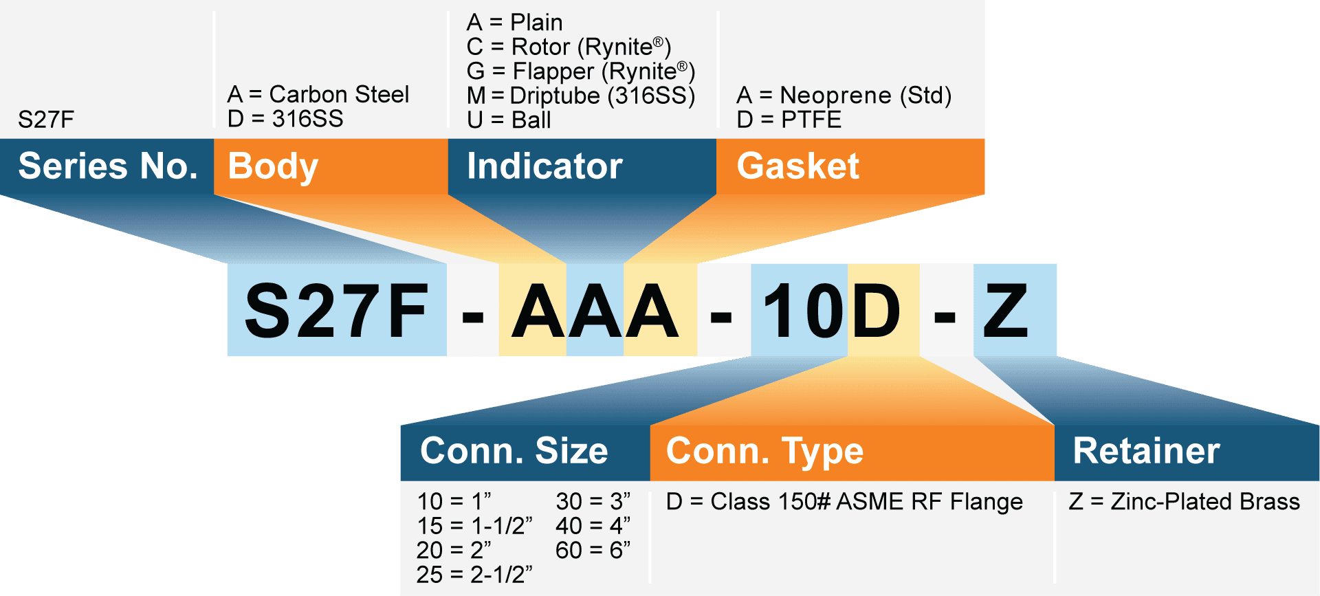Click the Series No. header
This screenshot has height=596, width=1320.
tap(107, 166)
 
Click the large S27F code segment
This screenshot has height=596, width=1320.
tap(337, 311)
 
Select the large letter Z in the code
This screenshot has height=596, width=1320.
tap(1006, 311)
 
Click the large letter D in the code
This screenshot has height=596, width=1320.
tap(875, 311)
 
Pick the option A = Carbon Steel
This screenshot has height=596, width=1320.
tap(318, 94)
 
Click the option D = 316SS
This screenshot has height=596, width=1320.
tap(285, 119)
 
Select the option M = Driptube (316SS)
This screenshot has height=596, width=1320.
tap(581, 96)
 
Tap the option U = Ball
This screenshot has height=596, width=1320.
tap(509, 120)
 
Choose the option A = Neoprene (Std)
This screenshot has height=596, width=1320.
tap(844, 96)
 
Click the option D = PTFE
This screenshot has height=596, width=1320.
tap(789, 120)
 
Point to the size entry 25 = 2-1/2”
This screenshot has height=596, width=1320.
tap(474, 575)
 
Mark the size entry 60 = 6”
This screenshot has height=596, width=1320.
tap(593, 550)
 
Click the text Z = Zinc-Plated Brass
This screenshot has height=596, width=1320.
tap(1185, 502)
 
